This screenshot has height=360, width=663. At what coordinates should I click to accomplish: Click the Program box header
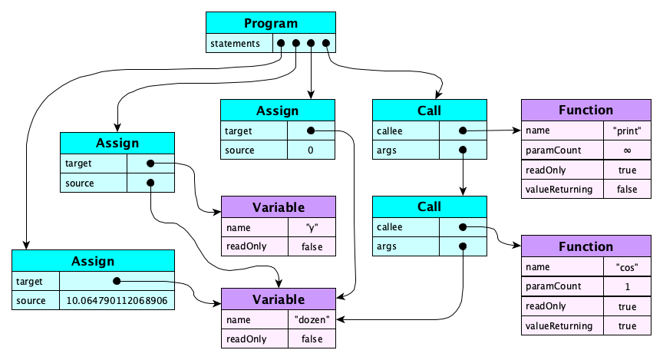tap(271, 22)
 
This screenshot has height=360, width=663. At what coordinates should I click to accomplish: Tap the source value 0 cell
tap(310, 150)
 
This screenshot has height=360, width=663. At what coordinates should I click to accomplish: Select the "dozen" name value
tap(311, 320)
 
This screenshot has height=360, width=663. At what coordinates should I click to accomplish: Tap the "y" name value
tap(311, 227)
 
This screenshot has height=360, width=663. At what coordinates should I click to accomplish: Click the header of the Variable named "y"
tap(279, 207)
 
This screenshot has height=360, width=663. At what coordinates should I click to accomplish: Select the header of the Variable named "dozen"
tap(279, 299)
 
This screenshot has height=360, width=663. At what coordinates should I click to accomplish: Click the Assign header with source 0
tap(277, 111)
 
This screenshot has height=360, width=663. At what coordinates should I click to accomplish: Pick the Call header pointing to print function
tap(429, 111)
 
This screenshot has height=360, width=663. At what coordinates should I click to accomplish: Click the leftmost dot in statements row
tap(282, 43)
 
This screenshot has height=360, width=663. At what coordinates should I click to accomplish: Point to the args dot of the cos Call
tap(462, 246)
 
